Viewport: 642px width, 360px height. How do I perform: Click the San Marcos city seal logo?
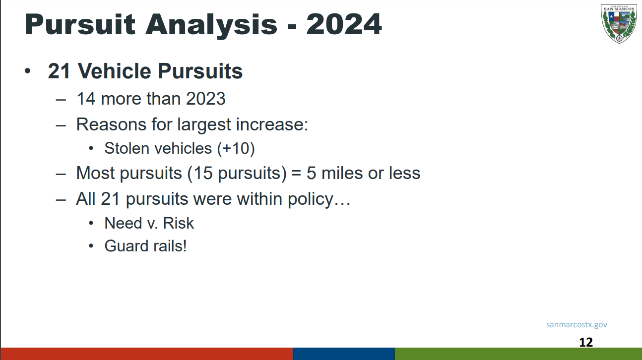[x=619, y=23]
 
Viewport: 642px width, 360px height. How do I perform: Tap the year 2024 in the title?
[x=344, y=24]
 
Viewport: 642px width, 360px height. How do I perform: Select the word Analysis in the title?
[x=211, y=25]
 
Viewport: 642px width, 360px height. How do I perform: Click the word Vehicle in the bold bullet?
[x=115, y=71]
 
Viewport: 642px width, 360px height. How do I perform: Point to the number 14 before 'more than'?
[x=86, y=99]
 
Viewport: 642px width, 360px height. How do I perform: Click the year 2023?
[x=206, y=99]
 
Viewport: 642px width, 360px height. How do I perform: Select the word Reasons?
[x=111, y=124]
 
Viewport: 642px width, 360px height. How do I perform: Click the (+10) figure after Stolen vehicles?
[x=236, y=149]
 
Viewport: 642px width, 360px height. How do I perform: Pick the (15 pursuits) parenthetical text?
[x=237, y=174]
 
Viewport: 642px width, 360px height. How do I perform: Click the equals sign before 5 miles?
[x=296, y=174]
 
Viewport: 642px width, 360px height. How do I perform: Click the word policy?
[x=311, y=199]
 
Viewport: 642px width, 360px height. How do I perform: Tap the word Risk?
[x=178, y=223]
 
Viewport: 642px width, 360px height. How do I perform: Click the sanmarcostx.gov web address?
[x=577, y=325]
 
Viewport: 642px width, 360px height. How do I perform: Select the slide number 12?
[x=586, y=342]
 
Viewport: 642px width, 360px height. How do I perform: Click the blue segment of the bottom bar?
[x=344, y=354]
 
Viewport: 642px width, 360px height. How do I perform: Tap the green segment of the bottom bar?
[x=518, y=354]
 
